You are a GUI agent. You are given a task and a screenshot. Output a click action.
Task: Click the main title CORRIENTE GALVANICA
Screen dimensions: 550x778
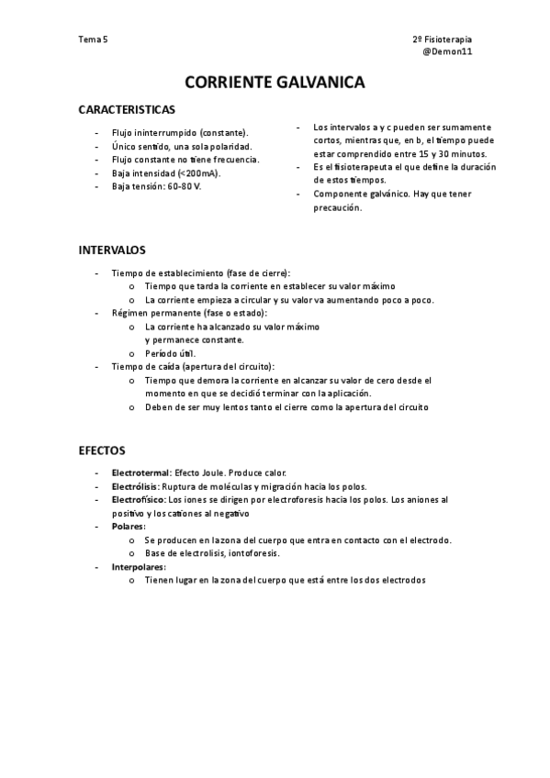[x=275, y=83]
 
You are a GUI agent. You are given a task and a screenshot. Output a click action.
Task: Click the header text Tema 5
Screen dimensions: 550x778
[x=93, y=40]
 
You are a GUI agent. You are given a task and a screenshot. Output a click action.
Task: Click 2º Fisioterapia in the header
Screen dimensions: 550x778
[x=443, y=40]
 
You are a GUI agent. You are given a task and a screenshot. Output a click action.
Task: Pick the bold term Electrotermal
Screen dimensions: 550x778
[x=140, y=472]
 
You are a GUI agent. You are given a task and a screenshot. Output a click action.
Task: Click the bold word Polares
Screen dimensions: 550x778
[x=129, y=527]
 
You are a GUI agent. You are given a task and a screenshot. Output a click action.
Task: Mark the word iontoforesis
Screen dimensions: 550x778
[x=253, y=553]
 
